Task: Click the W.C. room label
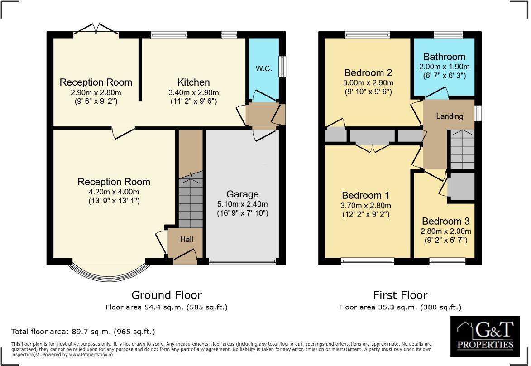pos(263,69)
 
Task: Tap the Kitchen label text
pos(193,82)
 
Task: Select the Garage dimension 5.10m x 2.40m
pos(242,204)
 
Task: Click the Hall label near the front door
pos(187,239)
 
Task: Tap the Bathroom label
pos(444,57)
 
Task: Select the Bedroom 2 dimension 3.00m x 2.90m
pos(368,83)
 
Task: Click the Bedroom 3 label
pos(445,221)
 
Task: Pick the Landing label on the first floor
pos(449,116)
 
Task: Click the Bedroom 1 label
pos(365,196)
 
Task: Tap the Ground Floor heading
pos(166,295)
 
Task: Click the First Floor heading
pos(400,295)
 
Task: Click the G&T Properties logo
pos(485,334)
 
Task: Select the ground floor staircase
pos(190,202)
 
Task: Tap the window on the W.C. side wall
pos(282,66)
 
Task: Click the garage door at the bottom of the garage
pos(242,262)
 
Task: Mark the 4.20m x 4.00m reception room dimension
pos(114,192)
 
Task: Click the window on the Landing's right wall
pos(479,113)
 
